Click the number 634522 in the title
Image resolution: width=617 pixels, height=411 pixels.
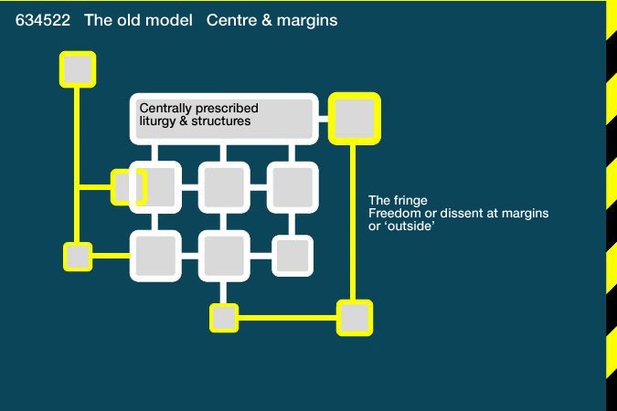[42, 20]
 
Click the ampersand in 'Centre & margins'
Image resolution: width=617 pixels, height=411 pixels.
[266, 20]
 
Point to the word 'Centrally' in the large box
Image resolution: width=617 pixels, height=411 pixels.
[165, 109]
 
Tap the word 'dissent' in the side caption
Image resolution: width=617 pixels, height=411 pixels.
[458, 213]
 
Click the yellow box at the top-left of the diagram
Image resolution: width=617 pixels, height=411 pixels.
[78, 69]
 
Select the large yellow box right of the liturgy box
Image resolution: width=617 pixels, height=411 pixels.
[354, 119]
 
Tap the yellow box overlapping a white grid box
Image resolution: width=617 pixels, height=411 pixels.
[129, 187]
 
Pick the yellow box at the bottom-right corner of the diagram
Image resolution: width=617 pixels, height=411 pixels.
[354, 318]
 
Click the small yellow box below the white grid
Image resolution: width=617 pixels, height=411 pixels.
[224, 318]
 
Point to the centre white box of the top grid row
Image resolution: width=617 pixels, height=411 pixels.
[224, 187]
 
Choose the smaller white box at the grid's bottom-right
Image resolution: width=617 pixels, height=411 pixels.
[293, 256]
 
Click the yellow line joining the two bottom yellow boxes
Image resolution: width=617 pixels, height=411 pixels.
[287, 318]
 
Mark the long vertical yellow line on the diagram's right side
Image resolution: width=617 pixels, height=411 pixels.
[353, 223]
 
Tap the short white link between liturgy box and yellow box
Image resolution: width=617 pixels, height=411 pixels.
[323, 119]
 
